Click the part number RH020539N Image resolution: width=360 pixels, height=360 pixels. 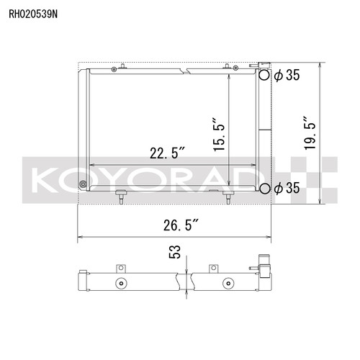pyautogui.click(x=33, y=14)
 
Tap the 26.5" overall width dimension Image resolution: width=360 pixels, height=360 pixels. pyautogui.click(x=181, y=225)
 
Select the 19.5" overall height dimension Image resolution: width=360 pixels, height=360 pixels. pyautogui.click(x=310, y=133)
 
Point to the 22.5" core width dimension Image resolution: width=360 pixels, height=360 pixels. pyautogui.click(x=167, y=153)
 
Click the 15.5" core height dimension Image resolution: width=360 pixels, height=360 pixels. pyautogui.click(x=219, y=135)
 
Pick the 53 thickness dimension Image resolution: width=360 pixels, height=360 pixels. pyautogui.click(x=175, y=252)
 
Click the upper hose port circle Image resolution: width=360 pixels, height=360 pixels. pyautogui.click(x=264, y=75)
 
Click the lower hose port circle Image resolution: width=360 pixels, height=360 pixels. pyautogui.click(x=264, y=189)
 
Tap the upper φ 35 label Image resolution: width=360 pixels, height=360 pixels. pyautogui.click(x=287, y=75)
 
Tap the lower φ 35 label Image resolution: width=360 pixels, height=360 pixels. pyautogui.click(x=287, y=188)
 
